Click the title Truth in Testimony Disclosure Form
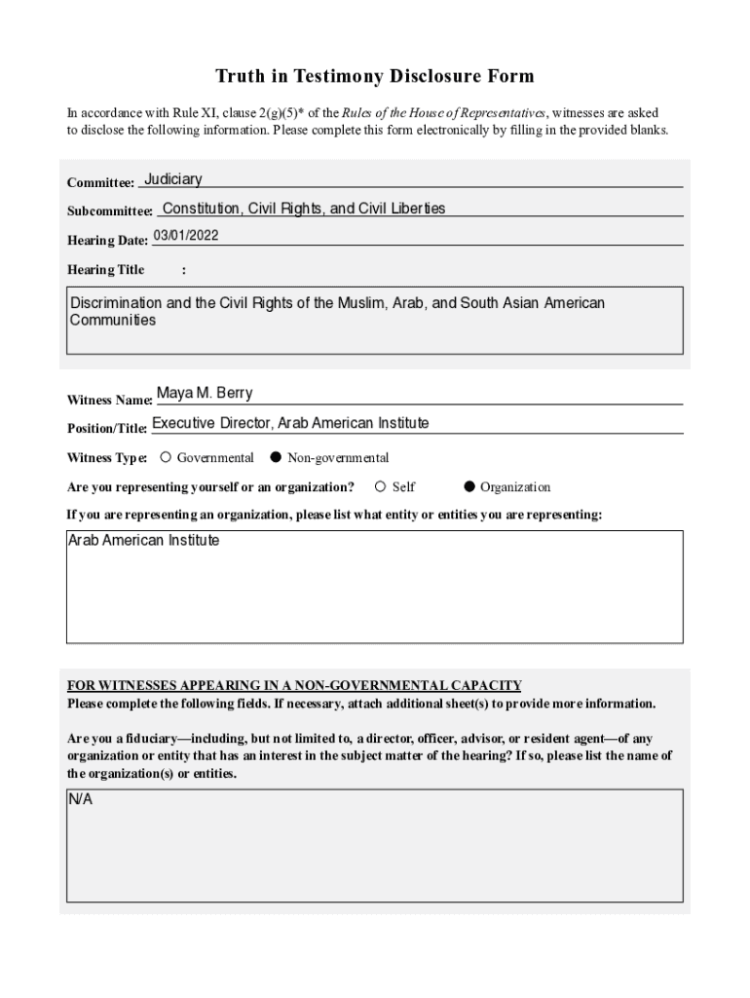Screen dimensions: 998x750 point(375,76)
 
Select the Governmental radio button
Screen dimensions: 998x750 point(167,457)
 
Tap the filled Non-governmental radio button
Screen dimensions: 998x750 point(276,457)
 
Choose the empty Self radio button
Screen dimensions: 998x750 point(381,487)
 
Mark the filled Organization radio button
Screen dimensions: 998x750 point(469,487)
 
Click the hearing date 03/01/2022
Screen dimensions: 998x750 point(185,236)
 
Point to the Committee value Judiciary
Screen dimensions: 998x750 point(173,179)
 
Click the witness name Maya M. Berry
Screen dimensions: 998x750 point(205,394)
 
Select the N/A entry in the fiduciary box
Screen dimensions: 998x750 point(80,800)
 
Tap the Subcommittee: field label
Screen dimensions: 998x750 point(109,211)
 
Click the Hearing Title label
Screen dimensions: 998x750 point(105,270)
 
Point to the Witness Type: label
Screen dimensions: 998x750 point(107,458)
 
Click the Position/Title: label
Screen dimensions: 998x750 point(107,429)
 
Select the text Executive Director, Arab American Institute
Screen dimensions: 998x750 point(290,423)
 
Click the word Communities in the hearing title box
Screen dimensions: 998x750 point(113,321)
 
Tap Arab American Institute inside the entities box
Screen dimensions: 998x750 point(143,541)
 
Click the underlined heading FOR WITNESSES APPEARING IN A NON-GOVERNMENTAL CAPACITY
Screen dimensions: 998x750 point(294,685)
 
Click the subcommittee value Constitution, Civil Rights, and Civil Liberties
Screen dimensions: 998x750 point(304,209)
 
